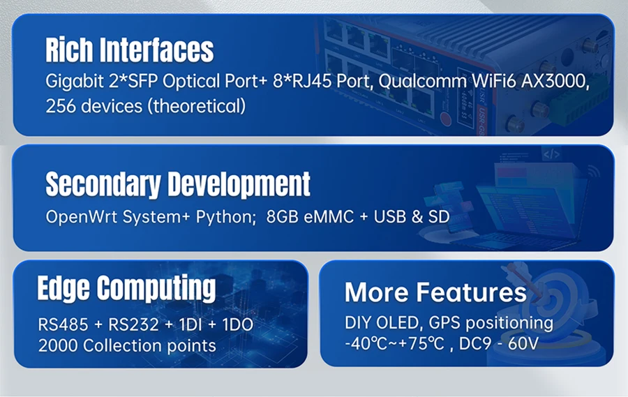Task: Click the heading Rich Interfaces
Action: click(129, 50)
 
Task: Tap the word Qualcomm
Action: click(422, 82)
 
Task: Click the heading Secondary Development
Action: click(178, 184)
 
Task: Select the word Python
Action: click(225, 218)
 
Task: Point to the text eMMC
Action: click(329, 217)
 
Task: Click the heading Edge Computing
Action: click(126, 288)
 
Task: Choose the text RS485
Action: click(63, 324)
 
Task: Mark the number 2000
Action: click(58, 345)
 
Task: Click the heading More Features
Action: click(435, 292)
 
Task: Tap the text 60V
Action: click(523, 344)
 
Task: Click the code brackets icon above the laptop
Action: click(551, 154)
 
